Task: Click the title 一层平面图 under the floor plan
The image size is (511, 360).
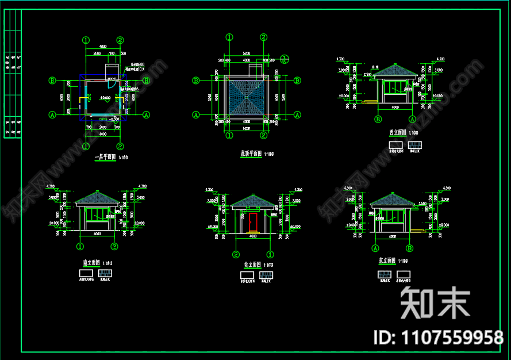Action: click(x=105, y=157)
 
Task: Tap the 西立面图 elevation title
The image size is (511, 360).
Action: click(x=397, y=133)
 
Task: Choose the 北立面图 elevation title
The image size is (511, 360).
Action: click(x=252, y=265)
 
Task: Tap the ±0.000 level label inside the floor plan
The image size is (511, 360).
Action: click(x=106, y=98)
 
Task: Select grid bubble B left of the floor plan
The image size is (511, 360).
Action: click(x=52, y=81)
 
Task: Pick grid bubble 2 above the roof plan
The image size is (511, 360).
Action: click(x=263, y=37)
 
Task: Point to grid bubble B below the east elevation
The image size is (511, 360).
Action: click(x=410, y=248)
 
